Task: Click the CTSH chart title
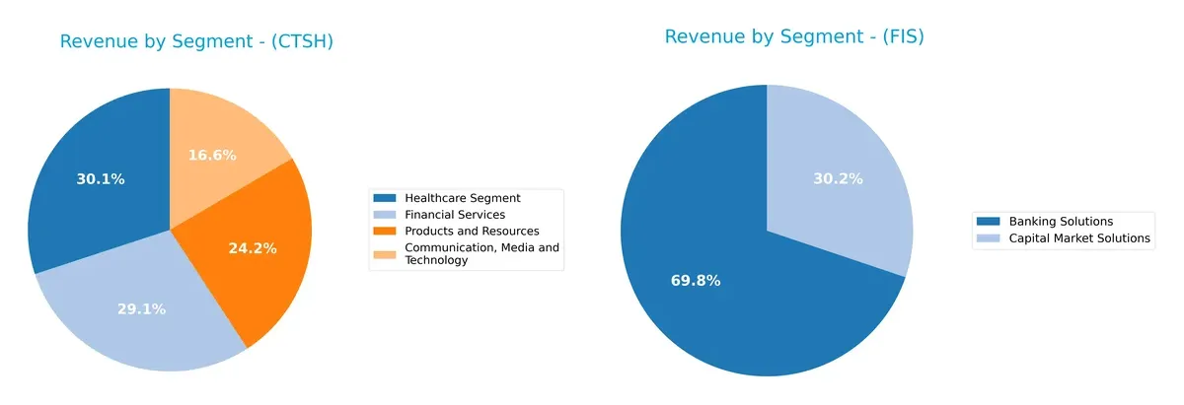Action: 196,41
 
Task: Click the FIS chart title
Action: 793,36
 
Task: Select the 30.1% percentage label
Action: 101,179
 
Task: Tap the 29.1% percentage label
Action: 141,308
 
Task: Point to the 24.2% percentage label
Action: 253,248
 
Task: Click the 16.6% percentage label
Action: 211,155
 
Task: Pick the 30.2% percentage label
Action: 838,178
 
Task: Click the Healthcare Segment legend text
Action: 462,198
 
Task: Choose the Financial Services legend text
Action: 454,214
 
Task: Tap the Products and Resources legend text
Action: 472,231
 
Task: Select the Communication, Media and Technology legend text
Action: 481,253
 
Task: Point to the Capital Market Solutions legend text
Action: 1079,237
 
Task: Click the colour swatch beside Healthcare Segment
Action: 386,198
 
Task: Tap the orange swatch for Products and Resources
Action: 386,231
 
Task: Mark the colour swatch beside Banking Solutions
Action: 990,222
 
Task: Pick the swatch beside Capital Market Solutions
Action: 990,237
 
